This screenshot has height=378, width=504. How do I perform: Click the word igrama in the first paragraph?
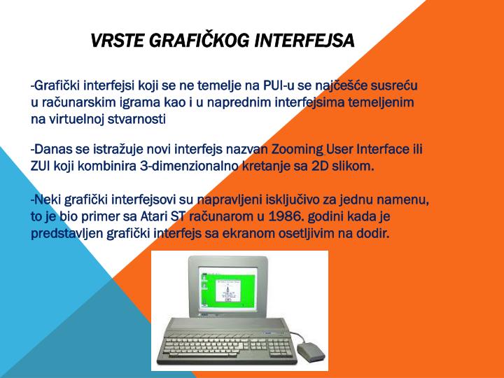point(146,102)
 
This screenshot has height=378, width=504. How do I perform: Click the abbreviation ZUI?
point(41,167)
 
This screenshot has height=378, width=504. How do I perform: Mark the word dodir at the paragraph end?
point(372,233)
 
